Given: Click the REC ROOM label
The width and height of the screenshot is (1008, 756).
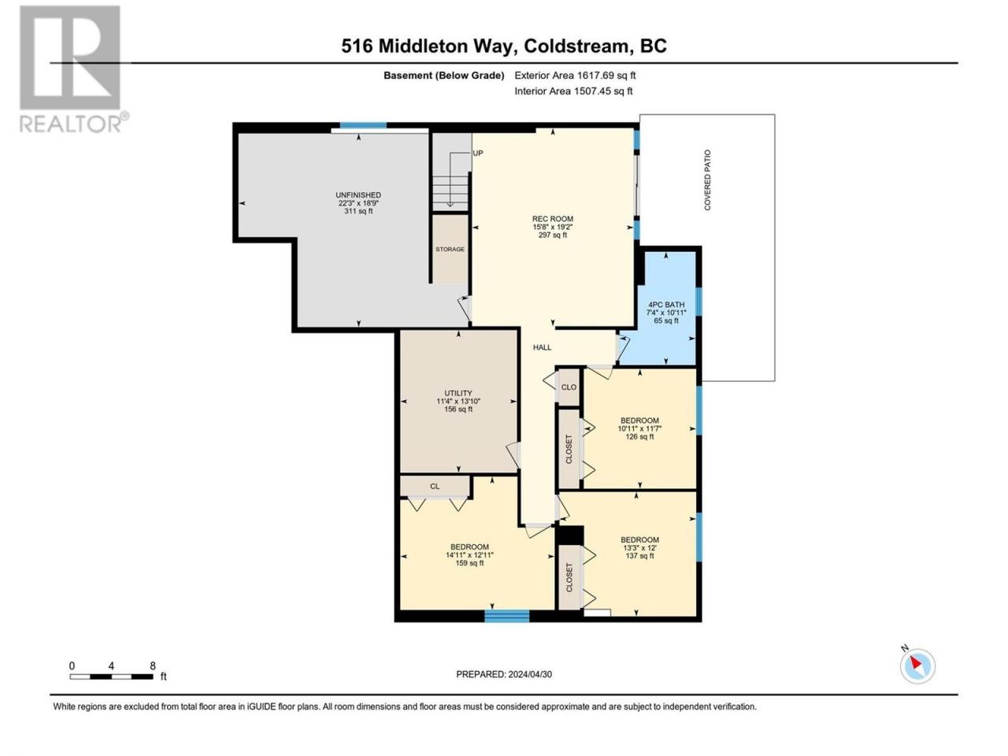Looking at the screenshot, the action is coord(553,219).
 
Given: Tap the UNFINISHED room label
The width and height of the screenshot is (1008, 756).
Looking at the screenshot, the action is coord(358,195).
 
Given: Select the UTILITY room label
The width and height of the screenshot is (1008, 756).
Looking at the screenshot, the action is coord(458,394).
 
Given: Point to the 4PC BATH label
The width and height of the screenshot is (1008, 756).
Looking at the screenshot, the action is coord(666,305).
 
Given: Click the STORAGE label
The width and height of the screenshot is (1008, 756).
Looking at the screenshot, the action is coord(450,250).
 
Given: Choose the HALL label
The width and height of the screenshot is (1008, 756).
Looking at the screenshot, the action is coord(542,348).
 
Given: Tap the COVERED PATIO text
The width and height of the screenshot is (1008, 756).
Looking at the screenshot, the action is coord(707,180).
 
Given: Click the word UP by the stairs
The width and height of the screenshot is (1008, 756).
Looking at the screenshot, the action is coord(478,154).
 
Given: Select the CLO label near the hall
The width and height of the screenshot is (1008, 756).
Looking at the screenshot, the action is coord(569,387).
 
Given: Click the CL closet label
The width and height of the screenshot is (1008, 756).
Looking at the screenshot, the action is coord(435,487).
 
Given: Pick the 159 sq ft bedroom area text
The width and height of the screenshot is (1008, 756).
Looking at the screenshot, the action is coord(469,563).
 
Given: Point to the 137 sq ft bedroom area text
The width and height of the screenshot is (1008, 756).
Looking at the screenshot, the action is coord(639,556).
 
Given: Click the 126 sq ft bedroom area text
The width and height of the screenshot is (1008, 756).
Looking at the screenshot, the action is coord(639,436).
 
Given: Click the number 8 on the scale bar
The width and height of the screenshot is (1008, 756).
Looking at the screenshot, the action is coord(153,666).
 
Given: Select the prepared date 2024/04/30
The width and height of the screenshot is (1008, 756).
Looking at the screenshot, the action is coord(530,674).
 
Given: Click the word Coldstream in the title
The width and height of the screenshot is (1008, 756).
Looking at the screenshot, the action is coord(576,46).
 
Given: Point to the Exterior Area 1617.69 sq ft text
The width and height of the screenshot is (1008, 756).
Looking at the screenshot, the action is coord(575,76).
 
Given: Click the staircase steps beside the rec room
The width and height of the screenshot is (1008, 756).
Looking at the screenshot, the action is coord(450,193).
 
